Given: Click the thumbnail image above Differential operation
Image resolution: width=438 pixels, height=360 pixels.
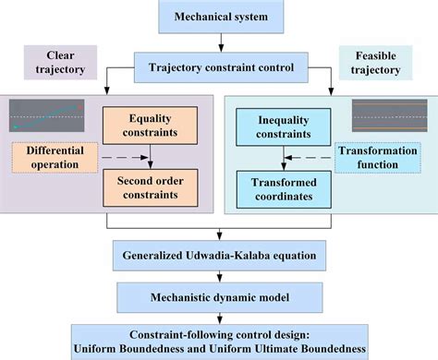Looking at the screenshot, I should pos(45,114).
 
